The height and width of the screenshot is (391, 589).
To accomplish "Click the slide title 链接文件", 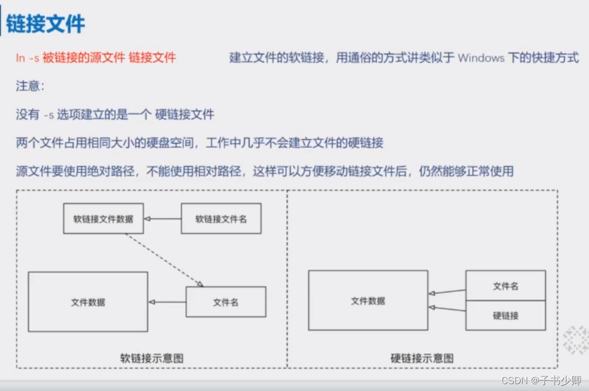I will (x=45, y=24).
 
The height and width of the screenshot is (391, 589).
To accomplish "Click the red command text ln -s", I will (x=27, y=58).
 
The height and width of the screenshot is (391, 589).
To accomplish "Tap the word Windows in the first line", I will (x=481, y=58).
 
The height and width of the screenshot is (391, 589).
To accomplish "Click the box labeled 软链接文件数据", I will (x=103, y=219).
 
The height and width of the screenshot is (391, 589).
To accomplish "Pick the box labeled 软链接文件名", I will (x=221, y=219).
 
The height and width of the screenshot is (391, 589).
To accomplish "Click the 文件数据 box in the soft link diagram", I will (x=88, y=302).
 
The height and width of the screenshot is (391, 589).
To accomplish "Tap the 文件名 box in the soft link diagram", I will (x=226, y=302).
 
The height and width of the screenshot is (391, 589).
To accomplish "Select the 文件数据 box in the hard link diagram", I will (x=368, y=301).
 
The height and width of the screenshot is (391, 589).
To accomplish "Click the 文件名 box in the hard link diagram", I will (x=505, y=286).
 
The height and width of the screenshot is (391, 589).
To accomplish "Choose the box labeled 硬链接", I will (x=505, y=316).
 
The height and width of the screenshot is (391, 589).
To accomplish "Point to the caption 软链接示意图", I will (x=152, y=358).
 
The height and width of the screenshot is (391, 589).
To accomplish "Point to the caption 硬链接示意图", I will (x=422, y=358).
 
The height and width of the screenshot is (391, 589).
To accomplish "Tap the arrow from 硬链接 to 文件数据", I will (x=447, y=309).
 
